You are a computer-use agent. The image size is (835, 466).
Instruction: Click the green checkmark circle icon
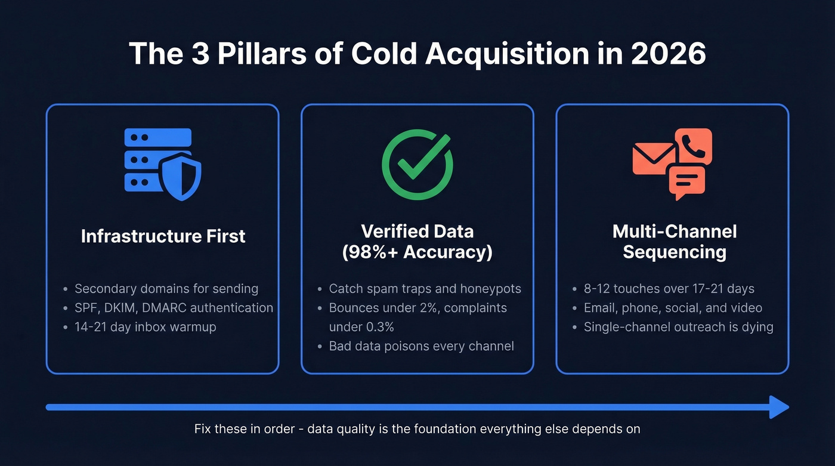click(417, 163)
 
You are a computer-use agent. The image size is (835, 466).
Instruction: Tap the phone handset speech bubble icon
click(693, 146)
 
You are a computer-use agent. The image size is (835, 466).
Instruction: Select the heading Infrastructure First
click(163, 236)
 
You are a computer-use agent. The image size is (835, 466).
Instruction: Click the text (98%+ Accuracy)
click(417, 252)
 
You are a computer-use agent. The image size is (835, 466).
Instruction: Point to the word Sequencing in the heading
click(674, 252)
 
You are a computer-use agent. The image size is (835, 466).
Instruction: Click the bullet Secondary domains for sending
click(166, 289)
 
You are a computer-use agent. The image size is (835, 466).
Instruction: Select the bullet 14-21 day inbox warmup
click(146, 327)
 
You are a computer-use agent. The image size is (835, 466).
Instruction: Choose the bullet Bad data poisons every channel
click(421, 346)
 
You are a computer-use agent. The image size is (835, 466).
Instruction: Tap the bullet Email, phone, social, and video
click(673, 308)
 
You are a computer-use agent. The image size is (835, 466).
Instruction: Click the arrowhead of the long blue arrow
click(779, 408)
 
